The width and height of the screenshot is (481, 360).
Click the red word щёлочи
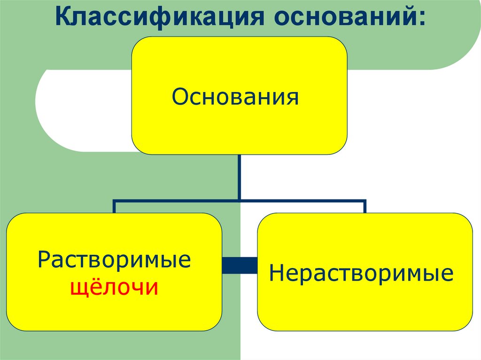114,287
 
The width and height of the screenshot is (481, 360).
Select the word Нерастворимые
362,273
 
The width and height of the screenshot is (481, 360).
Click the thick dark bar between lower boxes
240,265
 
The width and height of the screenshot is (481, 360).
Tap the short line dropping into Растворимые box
114,207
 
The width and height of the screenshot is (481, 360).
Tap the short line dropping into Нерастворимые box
365,207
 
